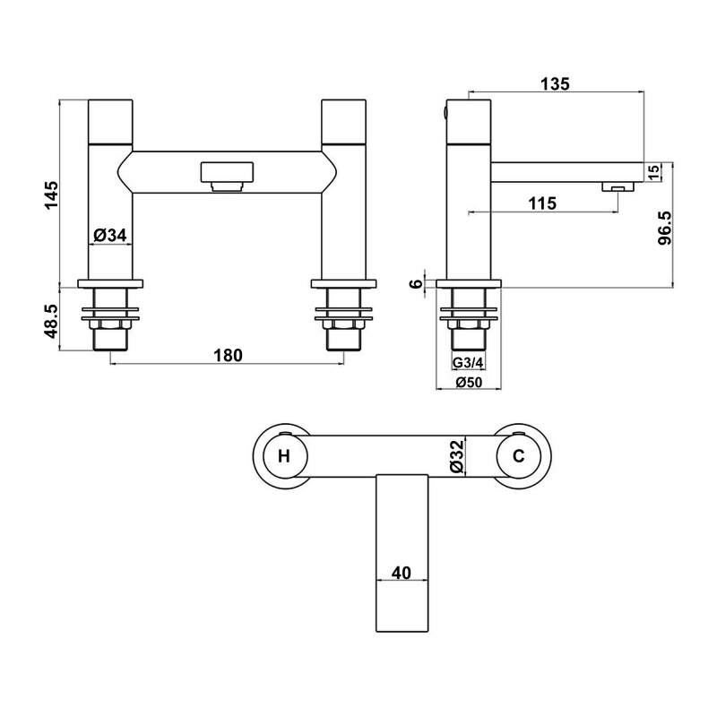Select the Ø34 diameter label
[110, 236]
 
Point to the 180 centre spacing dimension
[228, 356]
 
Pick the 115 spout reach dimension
[541, 203]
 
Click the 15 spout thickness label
[654, 171]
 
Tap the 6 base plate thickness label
[415, 283]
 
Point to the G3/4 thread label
[466, 364]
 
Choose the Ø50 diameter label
[469, 383]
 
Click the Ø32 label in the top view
[457, 456]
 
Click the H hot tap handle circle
[285, 456]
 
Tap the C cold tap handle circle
[518, 456]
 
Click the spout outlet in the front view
[228, 176]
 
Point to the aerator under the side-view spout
[618, 187]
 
